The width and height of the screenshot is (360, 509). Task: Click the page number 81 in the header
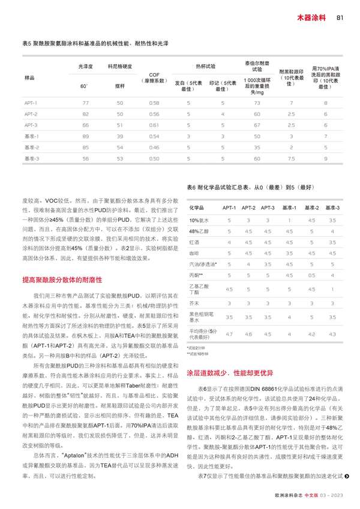tap(339, 17)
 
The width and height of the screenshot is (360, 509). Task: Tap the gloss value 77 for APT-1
tap(85, 103)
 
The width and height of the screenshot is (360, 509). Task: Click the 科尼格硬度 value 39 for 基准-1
tap(119, 135)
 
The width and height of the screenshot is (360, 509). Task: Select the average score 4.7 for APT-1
tap(229, 333)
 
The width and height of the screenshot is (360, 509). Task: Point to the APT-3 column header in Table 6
tap(270, 207)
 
